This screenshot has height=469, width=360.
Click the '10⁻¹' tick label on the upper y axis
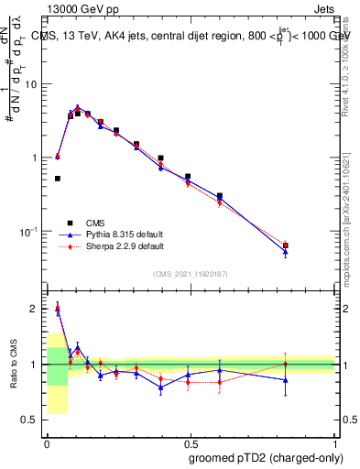[x=29, y=232]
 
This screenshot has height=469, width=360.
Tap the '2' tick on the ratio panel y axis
[x=35, y=309]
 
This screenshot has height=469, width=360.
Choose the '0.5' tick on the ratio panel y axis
[x=31, y=420]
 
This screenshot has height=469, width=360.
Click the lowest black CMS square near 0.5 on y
[x=57, y=179]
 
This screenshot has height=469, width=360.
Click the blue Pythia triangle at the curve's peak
[x=78, y=107]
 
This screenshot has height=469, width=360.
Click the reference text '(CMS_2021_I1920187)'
[x=191, y=273]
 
